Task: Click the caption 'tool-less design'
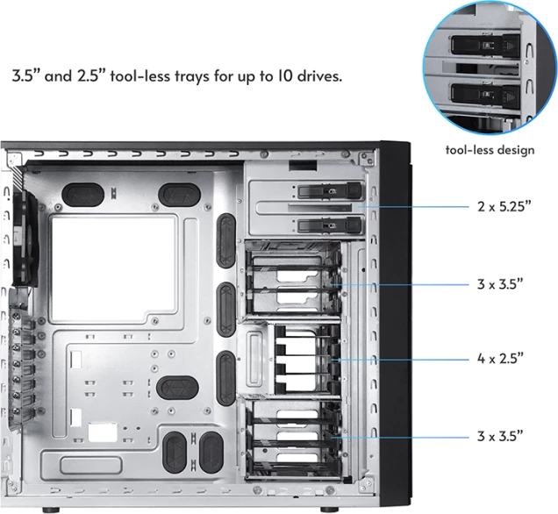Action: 489,150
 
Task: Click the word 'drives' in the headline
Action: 316,76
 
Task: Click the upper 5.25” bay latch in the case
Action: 329,189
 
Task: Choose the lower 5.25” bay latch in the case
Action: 329,225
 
